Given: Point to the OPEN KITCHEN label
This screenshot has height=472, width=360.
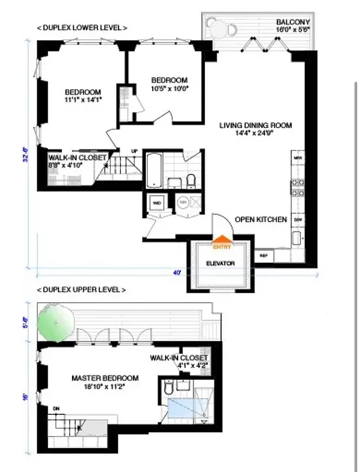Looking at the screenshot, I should tap(261, 219).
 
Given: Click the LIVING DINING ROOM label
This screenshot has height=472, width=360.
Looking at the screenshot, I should tap(256, 125).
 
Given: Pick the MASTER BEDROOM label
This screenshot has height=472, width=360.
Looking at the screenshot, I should tap(105, 378).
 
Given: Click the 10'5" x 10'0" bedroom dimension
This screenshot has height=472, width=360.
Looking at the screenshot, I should tap(169, 88).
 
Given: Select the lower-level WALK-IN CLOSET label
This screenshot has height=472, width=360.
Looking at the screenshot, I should tap(78, 158).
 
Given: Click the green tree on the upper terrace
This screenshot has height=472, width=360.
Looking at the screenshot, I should tap(54, 322).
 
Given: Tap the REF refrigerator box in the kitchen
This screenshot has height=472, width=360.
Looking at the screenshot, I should tap(264, 255).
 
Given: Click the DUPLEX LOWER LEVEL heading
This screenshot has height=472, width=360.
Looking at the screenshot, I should tap(81, 28).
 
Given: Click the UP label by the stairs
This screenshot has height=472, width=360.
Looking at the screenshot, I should tap(134, 152).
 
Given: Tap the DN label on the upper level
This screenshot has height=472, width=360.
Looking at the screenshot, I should tap(56, 408).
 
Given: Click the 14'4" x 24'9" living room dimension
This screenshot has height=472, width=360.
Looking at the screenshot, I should tap(256, 133).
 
